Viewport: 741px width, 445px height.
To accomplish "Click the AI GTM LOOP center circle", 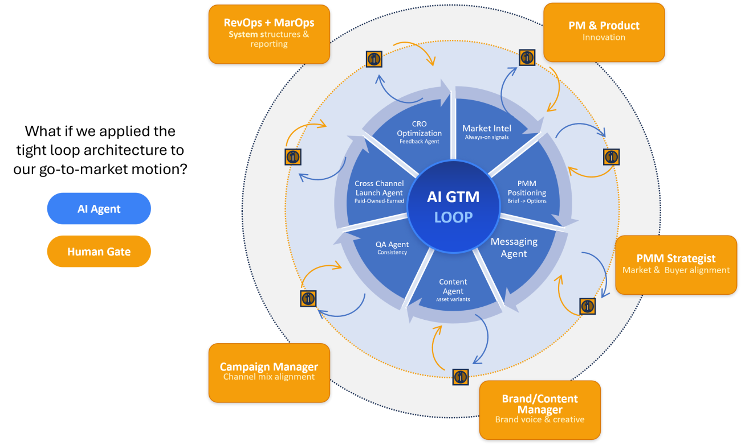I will pos(453,207).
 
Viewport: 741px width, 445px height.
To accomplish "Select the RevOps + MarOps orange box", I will pos(269,34).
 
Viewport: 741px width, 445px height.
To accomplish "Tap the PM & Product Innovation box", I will pos(604,32).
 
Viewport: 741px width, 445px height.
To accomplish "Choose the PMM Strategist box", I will pos(676,265).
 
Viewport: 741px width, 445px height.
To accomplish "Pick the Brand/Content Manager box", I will pos(540,410).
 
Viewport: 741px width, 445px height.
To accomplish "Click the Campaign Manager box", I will pos(269,372).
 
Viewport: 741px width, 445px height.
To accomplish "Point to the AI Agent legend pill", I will pos(99,209).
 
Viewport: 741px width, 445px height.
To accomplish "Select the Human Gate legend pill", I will pos(99,252).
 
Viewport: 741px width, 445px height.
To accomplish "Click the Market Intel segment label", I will pos(486,131).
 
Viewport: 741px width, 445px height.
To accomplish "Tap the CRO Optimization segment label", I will pos(419,132).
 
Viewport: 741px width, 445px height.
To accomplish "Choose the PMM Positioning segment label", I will pos(527,192).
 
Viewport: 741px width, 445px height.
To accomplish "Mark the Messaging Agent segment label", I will pos(514,248).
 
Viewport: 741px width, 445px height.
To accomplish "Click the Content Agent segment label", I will pos(453,290).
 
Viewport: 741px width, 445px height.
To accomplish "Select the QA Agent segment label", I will pos(392,248).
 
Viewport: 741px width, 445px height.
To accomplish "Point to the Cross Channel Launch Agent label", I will pos(379,191).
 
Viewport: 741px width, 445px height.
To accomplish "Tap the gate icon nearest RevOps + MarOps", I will pos(374,58).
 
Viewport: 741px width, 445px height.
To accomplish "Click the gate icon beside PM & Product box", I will pos(527,57).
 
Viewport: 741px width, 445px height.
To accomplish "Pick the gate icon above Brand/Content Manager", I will pos(461,376).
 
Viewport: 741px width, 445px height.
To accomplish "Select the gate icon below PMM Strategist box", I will pos(588,306).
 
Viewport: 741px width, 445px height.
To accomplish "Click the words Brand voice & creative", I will pos(540,419).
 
